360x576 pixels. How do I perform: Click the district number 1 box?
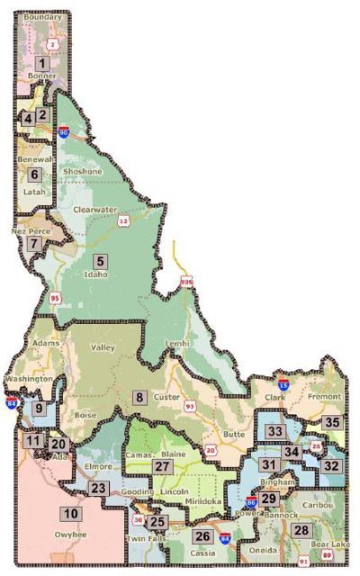pos(41,64)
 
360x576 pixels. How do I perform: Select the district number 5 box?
pos(101,261)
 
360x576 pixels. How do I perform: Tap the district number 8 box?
pos(139,397)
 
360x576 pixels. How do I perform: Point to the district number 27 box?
pos(162,466)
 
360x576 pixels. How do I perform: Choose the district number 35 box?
pos(332,422)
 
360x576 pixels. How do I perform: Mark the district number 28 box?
pos(301,530)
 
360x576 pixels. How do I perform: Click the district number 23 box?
pos(99,488)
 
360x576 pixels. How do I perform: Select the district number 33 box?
pos(275,432)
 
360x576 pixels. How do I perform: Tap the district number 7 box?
pos(33,243)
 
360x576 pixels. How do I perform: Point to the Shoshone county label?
pos(82,171)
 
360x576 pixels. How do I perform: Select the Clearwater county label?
pos(102,210)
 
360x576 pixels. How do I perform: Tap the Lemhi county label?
pos(178,344)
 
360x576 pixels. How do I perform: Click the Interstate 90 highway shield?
pos(64,131)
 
